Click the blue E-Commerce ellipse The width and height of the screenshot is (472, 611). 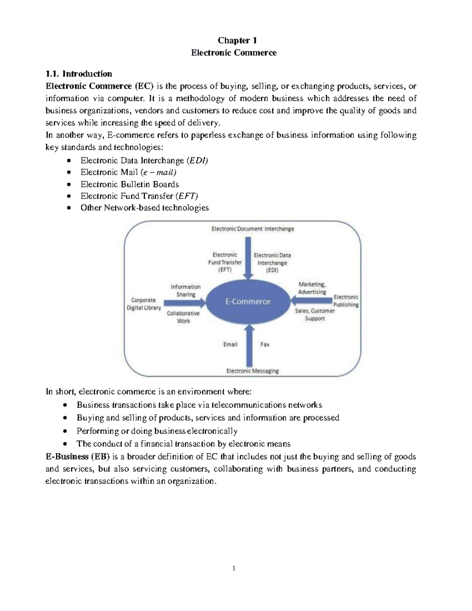click(x=248, y=302)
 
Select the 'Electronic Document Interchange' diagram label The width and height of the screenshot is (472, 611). click(x=253, y=229)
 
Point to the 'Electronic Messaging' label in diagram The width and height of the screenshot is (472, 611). click(x=253, y=371)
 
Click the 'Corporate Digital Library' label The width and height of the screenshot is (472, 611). click(x=144, y=304)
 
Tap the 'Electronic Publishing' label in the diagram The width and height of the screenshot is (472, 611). click(x=346, y=301)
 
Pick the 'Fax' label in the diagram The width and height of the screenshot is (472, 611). click(x=265, y=344)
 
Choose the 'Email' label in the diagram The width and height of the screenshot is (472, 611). click(x=230, y=344)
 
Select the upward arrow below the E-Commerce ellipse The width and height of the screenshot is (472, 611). click(x=247, y=346)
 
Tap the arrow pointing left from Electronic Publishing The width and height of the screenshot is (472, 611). click(x=311, y=301)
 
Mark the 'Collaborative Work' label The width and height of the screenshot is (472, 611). click(x=183, y=317)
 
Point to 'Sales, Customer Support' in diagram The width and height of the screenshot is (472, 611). click(x=315, y=314)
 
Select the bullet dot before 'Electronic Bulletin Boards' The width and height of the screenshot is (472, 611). click(x=69, y=185)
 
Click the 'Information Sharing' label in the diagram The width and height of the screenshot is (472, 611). click(x=186, y=290)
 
